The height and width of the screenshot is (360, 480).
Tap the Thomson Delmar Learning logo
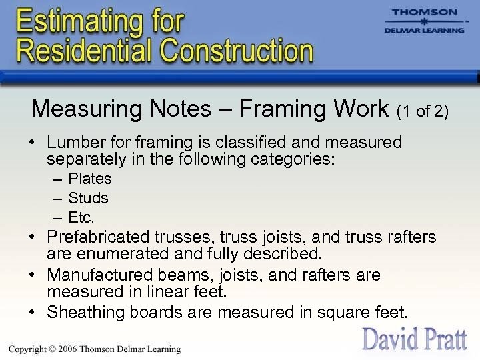(424, 21)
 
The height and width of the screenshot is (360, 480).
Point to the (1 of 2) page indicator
(422, 111)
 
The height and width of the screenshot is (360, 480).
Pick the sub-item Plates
(90, 179)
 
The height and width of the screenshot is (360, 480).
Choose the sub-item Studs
(88, 198)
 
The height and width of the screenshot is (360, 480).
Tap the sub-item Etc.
(81, 217)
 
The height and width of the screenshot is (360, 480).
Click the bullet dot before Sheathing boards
(33, 312)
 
